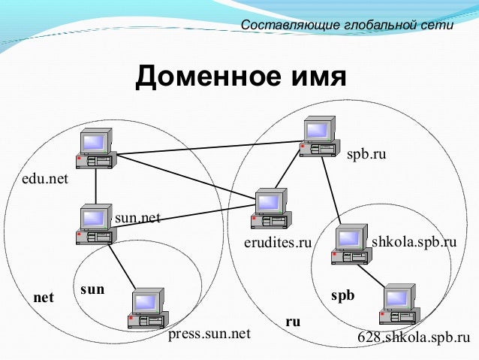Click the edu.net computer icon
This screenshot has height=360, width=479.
[95, 148]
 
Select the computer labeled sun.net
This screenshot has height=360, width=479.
[95, 224]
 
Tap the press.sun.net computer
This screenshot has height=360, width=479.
[147, 309]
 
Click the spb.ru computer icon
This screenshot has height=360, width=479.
[318, 136]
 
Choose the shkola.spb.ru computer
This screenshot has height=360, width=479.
[351, 244]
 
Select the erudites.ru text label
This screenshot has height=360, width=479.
[278, 243]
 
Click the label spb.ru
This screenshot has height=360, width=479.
[366, 155]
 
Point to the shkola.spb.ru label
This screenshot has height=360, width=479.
[414, 243]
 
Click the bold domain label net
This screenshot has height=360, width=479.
[44, 298]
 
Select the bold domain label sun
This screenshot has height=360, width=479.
[92, 289]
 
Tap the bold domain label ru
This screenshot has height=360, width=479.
[293, 321]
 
